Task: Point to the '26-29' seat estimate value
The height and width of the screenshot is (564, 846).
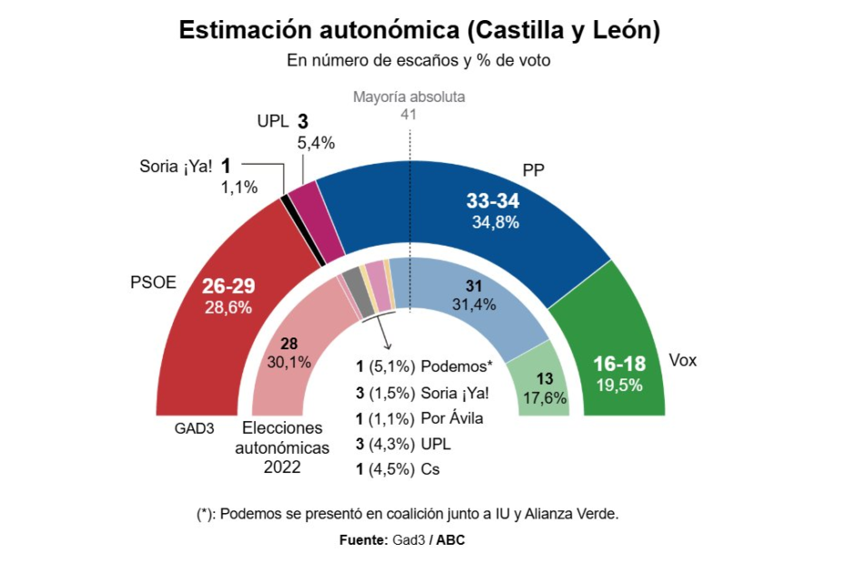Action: tap(228, 287)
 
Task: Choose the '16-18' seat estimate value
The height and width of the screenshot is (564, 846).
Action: tap(619, 364)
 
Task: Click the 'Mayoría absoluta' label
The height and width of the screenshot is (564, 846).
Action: tap(408, 97)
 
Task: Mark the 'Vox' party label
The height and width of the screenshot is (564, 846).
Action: tap(682, 360)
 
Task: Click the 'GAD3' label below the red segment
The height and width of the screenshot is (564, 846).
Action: tap(195, 428)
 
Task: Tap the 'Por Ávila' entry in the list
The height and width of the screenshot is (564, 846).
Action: tap(452, 418)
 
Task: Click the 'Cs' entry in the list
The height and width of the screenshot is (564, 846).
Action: tap(431, 470)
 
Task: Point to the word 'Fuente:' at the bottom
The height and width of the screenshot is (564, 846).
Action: tap(364, 540)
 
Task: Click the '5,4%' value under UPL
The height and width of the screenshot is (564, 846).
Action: tap(317, 142)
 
